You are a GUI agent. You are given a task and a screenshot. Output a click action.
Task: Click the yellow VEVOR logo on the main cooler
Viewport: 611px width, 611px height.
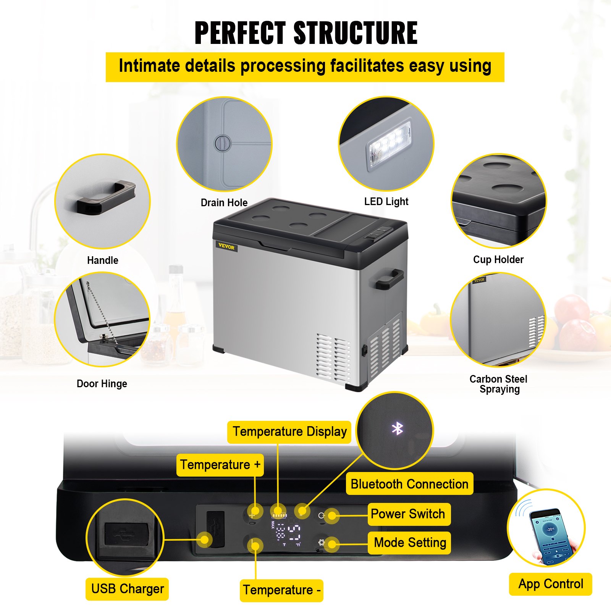click(x=226, y=247)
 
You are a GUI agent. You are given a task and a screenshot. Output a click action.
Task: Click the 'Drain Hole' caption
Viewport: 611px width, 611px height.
click(x=224, y=203)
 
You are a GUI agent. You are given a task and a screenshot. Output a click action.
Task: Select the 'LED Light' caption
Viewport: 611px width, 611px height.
click(x=386, y=202)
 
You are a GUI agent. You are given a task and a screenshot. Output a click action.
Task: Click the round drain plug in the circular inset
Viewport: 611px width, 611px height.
click(x=223, y=144)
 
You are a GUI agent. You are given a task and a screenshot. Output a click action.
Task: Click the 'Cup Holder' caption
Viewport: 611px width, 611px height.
click(x=498, y=260)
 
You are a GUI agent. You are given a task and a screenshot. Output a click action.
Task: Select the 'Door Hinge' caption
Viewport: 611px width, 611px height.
click(x=102, y=384)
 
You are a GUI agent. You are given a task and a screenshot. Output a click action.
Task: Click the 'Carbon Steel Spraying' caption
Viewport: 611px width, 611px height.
click(x=498, y=384)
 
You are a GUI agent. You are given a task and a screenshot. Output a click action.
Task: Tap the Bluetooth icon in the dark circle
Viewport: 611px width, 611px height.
click(x=397, y=428)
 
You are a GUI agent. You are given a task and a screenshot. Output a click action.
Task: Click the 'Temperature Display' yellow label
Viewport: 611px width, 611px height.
click(x=289, y=432)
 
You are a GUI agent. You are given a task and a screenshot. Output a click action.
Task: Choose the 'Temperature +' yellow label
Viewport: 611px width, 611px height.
click(x=220, y=465)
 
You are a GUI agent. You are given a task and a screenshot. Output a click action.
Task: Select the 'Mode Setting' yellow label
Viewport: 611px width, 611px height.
click(x=410, y=543)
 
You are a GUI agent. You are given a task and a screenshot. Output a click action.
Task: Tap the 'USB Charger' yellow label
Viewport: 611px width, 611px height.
click(x=127, y=589)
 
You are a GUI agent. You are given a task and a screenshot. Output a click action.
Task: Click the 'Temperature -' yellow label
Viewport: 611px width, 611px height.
click(x=281, y=590)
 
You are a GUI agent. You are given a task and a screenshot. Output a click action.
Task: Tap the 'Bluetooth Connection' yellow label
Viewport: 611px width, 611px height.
click(x=409, y=484)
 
